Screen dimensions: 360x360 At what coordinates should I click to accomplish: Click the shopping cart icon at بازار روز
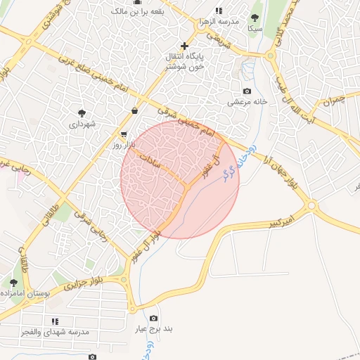point(124,134)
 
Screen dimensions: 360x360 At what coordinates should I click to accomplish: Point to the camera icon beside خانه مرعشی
point(247,91)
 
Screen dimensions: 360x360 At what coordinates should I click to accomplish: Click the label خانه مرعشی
point(247,102)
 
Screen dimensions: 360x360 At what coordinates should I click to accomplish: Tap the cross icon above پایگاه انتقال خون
point(184,46)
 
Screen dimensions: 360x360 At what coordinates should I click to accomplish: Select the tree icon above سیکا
point(255,18)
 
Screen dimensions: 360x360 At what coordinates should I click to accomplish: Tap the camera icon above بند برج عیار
point(154,318)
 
